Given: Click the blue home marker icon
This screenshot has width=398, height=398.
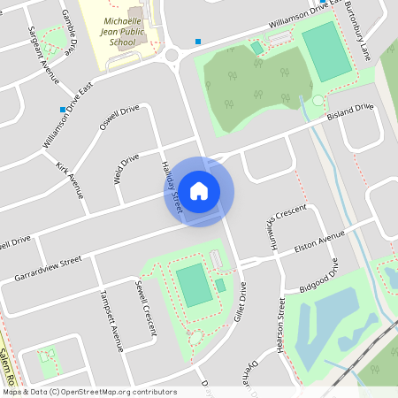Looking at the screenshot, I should tap(199, 191).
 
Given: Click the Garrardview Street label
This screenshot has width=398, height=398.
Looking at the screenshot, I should tap(48, 270).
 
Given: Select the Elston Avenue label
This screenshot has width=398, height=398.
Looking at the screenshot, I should tap(319, 238).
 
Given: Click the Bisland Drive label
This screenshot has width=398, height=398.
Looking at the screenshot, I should tap(350, 113).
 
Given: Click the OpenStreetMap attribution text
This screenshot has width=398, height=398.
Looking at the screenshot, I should tap(89, 392).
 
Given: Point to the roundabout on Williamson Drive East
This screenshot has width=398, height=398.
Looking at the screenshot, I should tap(172, 56).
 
